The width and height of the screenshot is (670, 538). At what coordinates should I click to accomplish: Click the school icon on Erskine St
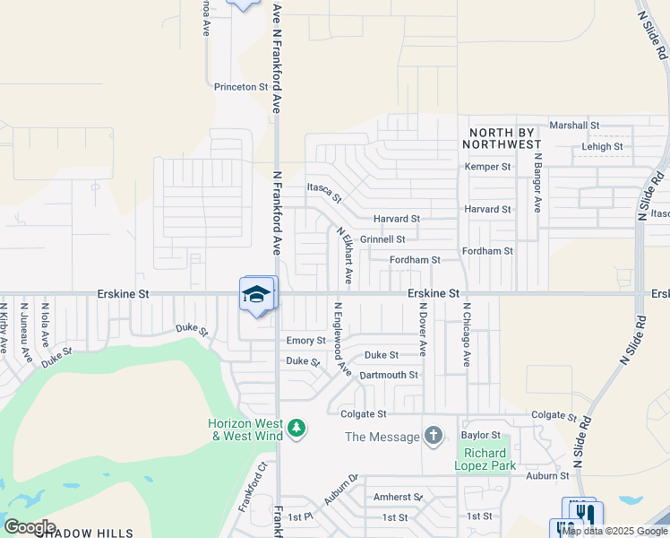257,294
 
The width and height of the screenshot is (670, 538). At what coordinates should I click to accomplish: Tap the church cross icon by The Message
434,437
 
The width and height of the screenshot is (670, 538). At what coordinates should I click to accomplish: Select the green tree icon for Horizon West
297,430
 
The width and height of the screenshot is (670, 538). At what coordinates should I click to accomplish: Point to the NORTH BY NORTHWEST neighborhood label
503,137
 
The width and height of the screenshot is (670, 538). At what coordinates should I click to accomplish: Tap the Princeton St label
241,87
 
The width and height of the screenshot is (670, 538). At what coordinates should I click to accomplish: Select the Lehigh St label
602,146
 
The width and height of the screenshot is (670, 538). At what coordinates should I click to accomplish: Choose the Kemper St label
487,167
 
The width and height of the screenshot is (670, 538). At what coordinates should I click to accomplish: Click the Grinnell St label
382,239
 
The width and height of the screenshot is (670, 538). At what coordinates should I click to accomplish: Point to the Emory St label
305,341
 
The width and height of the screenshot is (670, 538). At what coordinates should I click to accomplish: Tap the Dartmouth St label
389,375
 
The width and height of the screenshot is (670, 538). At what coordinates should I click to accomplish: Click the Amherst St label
398,497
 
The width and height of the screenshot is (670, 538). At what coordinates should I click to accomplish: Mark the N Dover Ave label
422,330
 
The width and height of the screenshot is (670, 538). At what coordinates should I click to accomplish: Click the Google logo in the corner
30,527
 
